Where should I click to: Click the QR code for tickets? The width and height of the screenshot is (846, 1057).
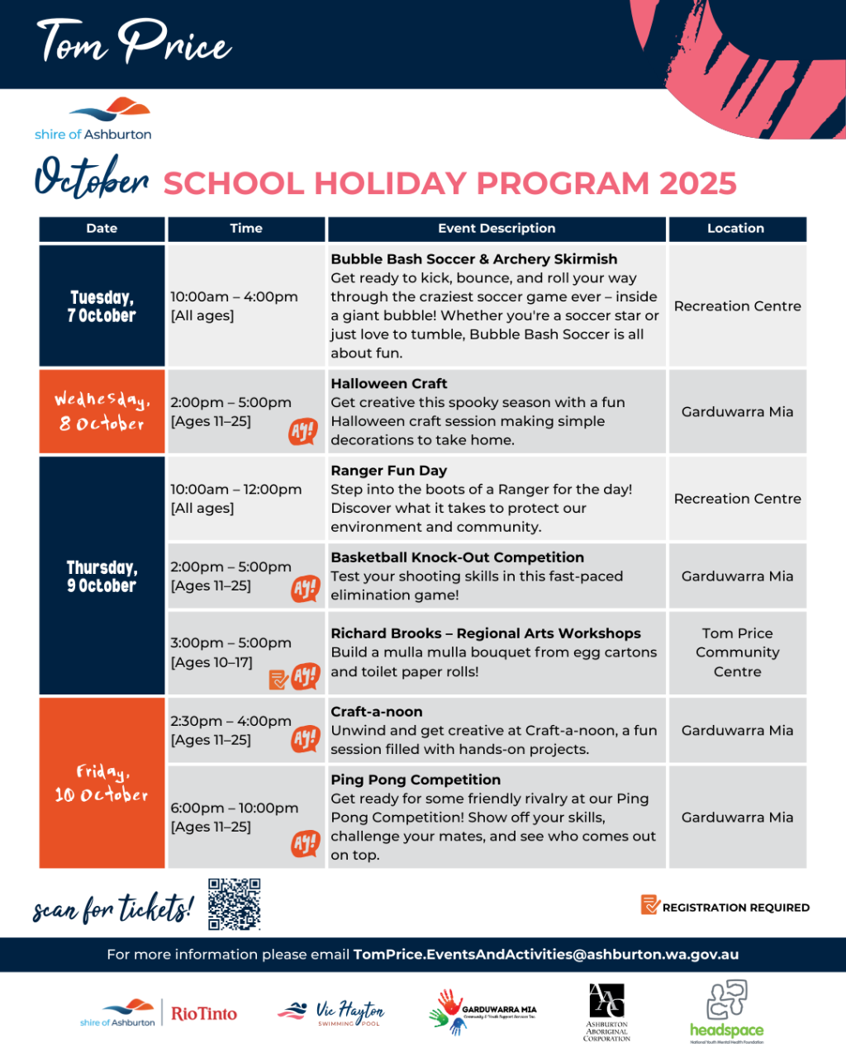[x=234, y=904]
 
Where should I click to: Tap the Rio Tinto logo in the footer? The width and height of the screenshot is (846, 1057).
[x=204, y=1013]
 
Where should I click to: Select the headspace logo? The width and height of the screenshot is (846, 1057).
[x=726, y=1012]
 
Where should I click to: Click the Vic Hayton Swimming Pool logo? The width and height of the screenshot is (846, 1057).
[x=331, y=1012]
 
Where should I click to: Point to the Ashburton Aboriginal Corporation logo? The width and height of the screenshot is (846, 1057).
[x=606, y=1012]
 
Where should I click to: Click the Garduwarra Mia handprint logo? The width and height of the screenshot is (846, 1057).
[x=482, y=1012]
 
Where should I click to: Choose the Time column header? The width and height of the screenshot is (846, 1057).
[x=246, y=229]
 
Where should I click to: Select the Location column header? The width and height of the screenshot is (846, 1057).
[x=735, y=229]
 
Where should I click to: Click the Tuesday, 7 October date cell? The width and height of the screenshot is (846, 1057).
[x=102, y=306]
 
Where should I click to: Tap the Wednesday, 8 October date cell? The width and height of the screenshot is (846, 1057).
[x=102, y=411]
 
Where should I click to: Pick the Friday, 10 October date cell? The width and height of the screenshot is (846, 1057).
[x=102, y=783]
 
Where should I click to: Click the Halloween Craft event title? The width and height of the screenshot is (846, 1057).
[x=389, y=384]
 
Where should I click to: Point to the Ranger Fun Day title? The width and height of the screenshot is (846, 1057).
[x=389, y=471]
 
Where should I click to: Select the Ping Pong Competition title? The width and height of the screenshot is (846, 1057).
[x=416, y=780]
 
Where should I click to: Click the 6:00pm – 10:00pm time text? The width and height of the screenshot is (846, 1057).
[x=235, y=808]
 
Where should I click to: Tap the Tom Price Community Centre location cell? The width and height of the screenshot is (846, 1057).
[x=737, y=652]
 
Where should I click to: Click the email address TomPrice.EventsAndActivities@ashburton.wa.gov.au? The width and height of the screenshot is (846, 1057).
[x=546, y=955]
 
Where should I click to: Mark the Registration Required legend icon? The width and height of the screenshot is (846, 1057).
[x=649, y=905]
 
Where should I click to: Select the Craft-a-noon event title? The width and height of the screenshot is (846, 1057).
[x=377, y=712]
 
